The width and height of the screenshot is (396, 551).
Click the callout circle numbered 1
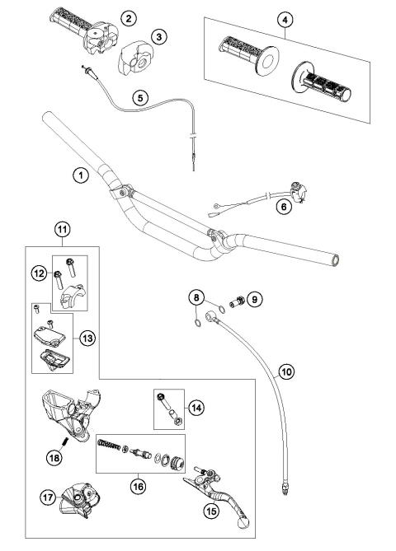coord(79,175)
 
